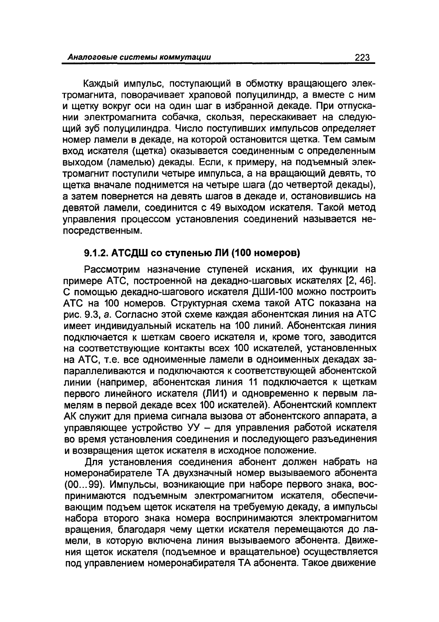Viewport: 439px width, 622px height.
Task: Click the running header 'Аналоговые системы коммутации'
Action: [139, 58]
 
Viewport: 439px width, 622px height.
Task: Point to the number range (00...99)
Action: [85, 484]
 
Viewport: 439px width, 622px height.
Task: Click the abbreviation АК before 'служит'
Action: [70, 416]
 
